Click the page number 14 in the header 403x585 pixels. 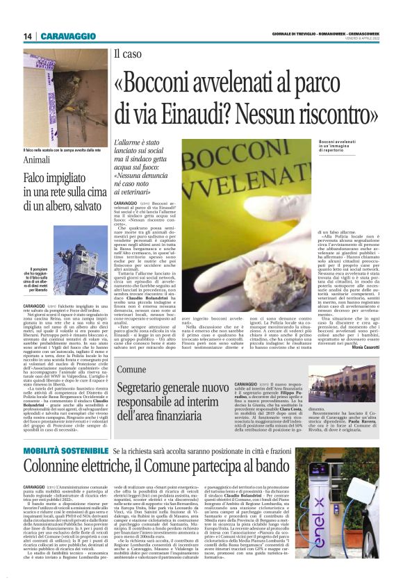click(x=28, y=36)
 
